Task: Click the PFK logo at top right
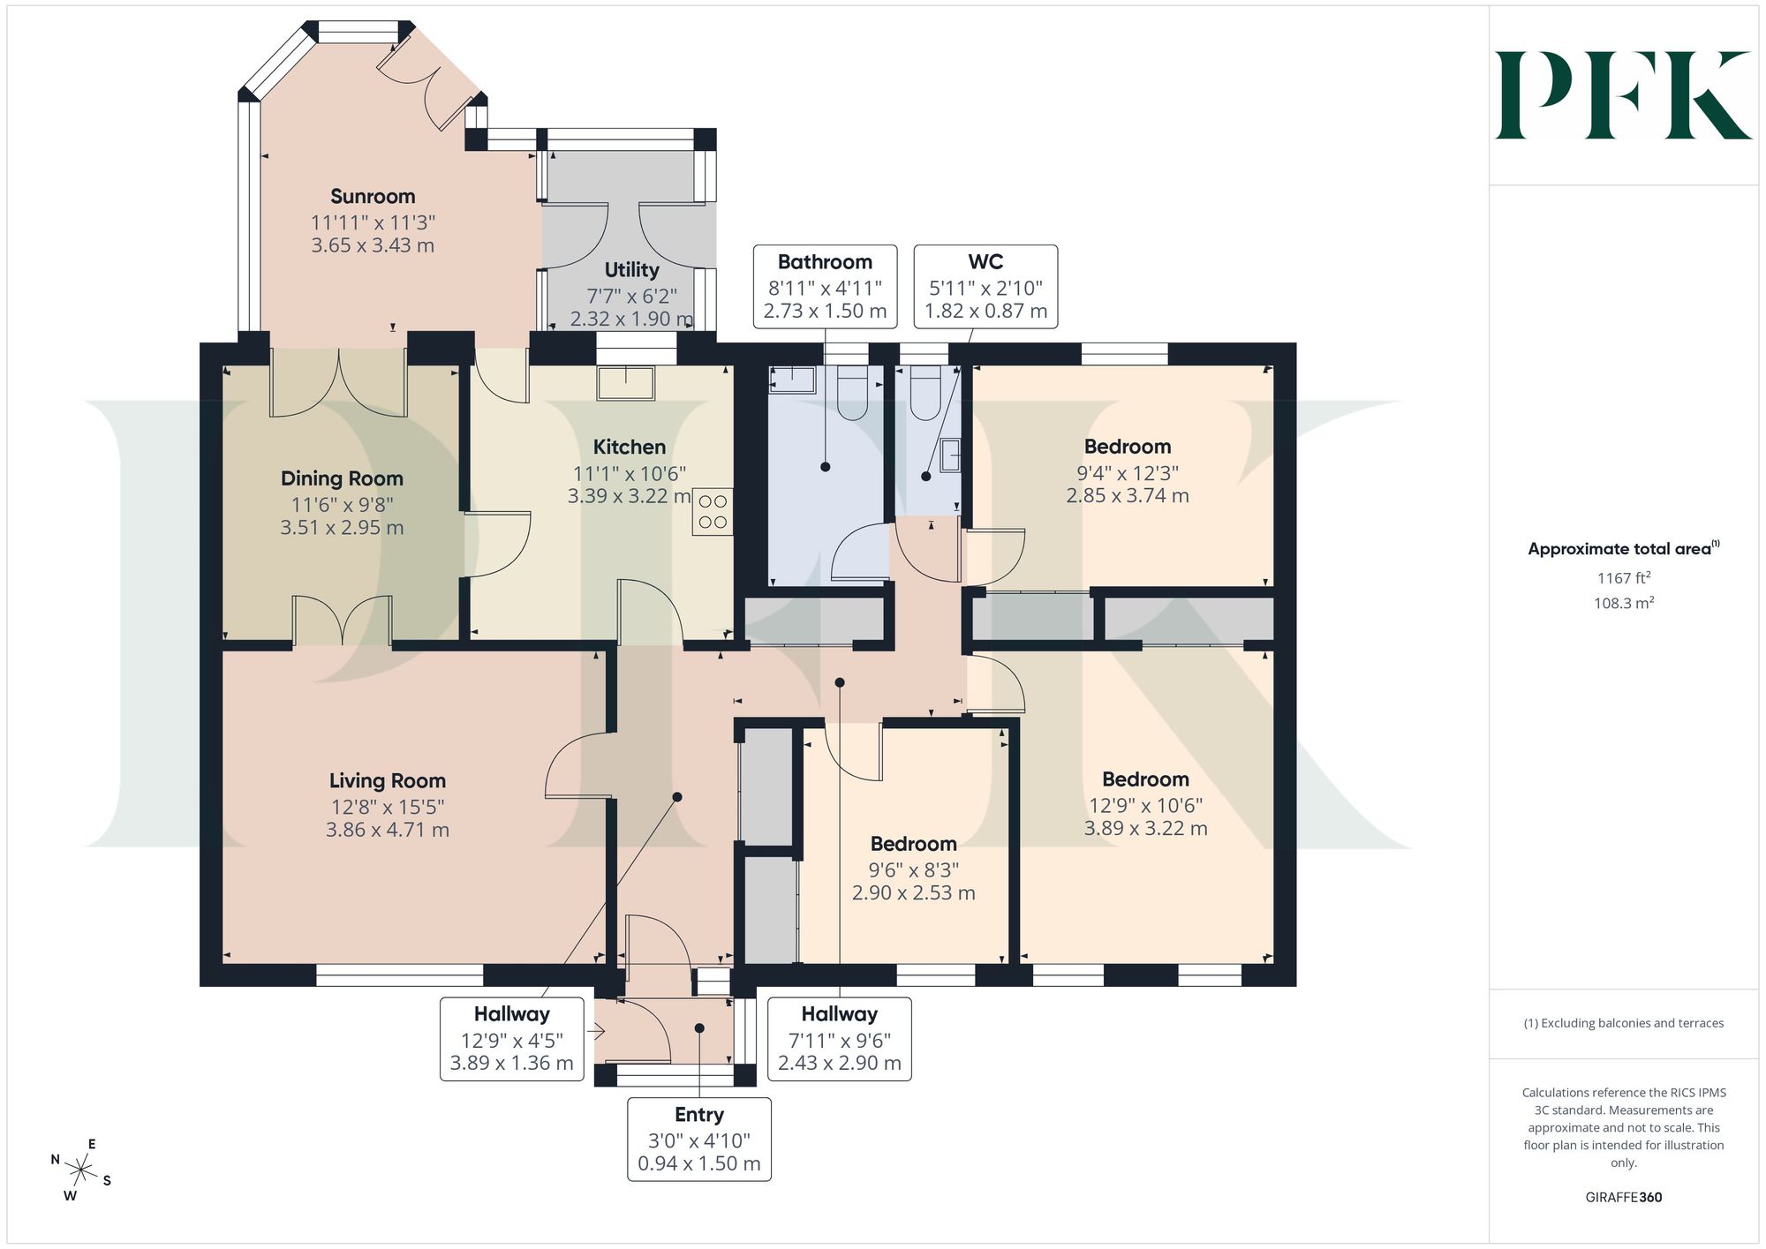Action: (x=1623, y=95)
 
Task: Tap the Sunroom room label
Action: (x=373, y=197)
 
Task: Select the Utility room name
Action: (x=631, y=270)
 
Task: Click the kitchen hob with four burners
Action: (x=713, y=512)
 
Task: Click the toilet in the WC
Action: (x=925, y=393)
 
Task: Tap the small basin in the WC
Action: (x=951, y=455)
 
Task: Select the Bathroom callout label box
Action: (x=825, y=287)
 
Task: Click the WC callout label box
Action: (x=985, y=287)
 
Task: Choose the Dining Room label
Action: (x=342, y=479)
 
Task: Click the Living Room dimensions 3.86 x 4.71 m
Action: (x=388, y=830)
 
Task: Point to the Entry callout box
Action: (x=699, y=1140)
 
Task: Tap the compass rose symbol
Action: (x=81, y=1171)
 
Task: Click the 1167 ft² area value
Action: (x=1624, y=578)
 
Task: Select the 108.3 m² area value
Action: (x=1624, y=604)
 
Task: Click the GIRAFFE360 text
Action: (x=1624, y=1198)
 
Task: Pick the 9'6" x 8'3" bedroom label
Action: (x=914, y=869)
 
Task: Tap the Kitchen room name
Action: (x=630, y=448)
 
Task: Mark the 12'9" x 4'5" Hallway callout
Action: (x=512, y=1039)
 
